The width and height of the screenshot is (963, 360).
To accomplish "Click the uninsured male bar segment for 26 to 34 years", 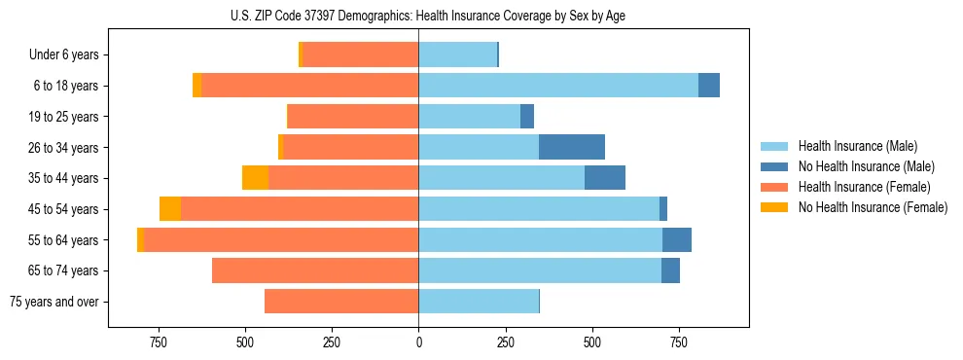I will [572, 148].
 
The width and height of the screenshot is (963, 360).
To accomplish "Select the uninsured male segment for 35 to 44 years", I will [605, 178].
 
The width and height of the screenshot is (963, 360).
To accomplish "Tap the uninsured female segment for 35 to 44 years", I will [255, 178].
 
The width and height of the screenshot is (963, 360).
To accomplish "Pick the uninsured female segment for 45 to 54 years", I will [170, 209].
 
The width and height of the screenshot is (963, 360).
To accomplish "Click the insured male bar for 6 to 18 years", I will [558, 86].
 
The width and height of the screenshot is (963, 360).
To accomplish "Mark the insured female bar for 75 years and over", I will [341, 302].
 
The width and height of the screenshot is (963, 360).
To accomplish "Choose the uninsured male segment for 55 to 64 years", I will [677, 240].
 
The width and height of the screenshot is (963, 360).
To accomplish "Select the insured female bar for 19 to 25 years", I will [353, 117].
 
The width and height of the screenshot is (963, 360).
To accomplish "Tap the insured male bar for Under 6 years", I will [457, 55].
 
